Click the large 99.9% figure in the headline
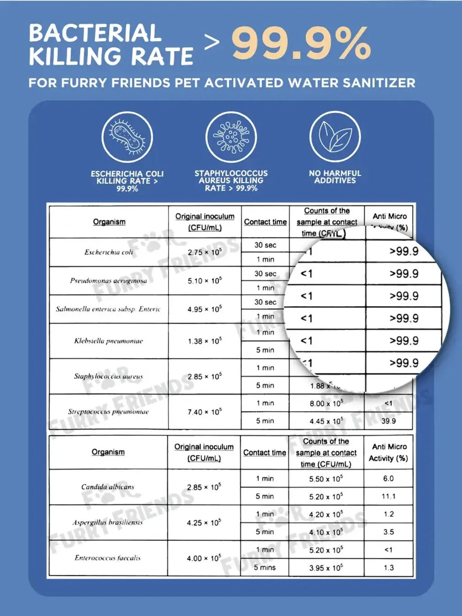point(301,43)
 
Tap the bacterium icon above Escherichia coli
point(127,137)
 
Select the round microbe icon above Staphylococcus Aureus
point(231,137)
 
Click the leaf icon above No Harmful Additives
point(335,137)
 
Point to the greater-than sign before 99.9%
point(212,42)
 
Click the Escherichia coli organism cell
point(109,252)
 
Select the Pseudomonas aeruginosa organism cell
point(109,281)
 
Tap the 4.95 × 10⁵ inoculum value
point(205,309)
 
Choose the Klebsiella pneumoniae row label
point(109,341)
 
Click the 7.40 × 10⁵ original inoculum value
point(205,412)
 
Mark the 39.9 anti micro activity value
point(388,421)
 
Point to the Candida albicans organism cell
point(108,487)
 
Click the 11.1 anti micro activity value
point(388,496)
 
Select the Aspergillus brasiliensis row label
point(108,523)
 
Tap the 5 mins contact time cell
point(265,568)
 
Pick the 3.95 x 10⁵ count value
point(326,568)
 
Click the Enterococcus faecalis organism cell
point(108,558)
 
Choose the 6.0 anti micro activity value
point(388,478)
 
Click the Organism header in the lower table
point(108,452)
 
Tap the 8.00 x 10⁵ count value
point(326,403)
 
